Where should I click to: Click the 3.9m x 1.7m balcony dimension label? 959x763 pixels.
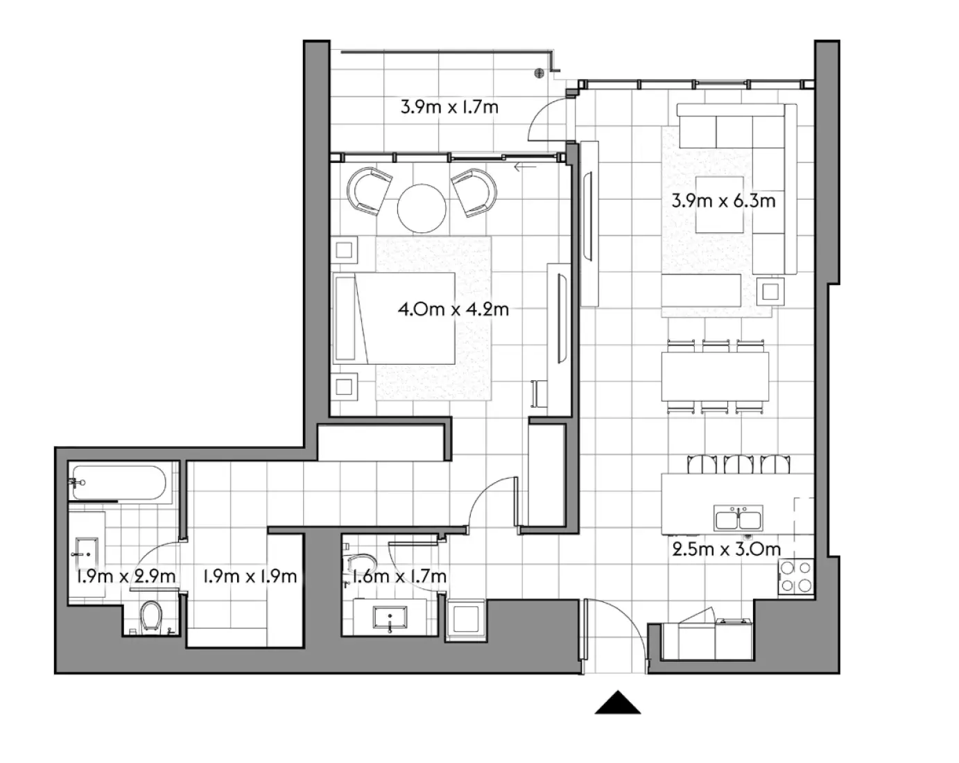pyautogui.click(x=449, y=108)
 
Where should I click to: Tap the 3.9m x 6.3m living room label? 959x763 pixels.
pyautogui.click(x=723, y=201)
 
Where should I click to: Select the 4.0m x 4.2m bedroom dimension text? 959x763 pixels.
pyautogui.click(x=453, y=309)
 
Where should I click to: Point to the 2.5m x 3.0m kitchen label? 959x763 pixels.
pyautogui.click(x=726, y=549)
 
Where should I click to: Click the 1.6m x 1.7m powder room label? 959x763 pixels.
pyautogui.click(x=398, y=576)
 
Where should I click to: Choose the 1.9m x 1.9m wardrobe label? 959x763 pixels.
pyautogui.click(x=250, y=576)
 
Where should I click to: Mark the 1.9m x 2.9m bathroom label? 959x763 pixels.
pyautogui.click(x=126, y=576)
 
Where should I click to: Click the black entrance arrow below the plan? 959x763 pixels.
pyautogui.click(x=617, y=703)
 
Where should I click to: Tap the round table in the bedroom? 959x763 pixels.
pyautogui.click(x=422, y=207)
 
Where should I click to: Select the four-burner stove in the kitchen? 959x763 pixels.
pyautogui.click(x=795, y=576)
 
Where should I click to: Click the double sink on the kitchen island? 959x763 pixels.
pyautogui.click(x=738, y=518)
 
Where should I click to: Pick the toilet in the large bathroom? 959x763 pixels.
pyautogui.click(x=150, y=616)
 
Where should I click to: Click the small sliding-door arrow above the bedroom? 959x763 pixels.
pyautogui.click(x=525, y=166)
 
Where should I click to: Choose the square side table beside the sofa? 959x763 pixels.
pyautogui.click(x=770, y=291)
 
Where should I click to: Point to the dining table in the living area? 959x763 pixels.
pyautogui.click(x=715, y=377)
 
